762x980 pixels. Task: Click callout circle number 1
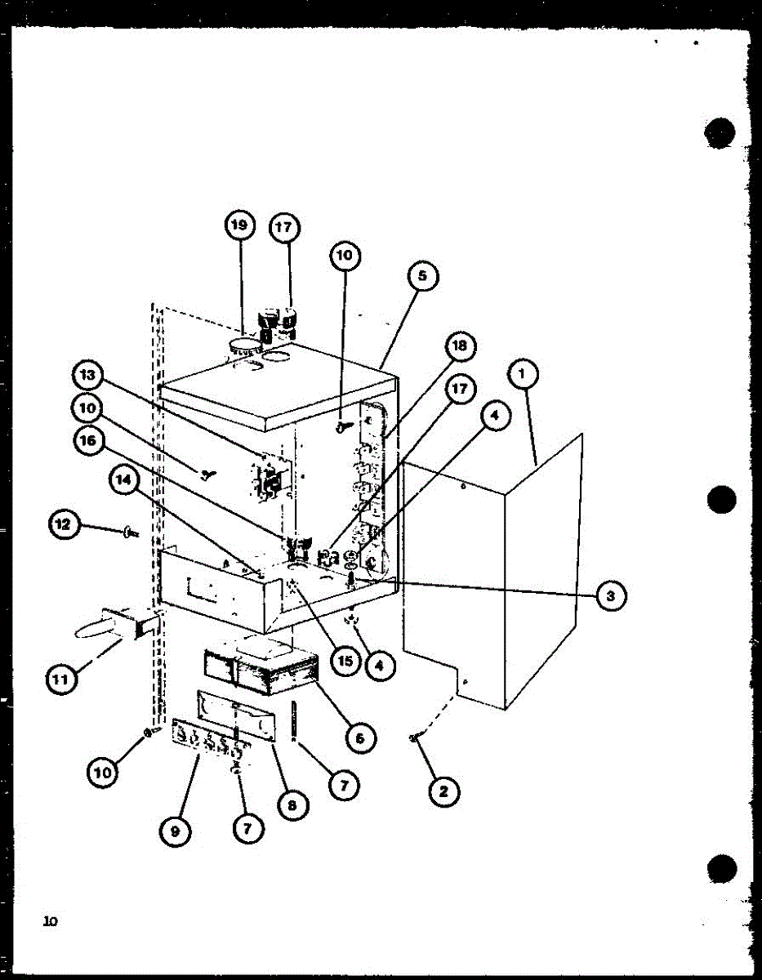tap(522, 376)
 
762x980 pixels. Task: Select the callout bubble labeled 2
tap(443, 791)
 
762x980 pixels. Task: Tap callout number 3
tap(610, 596)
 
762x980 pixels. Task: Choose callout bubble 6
tap(359, 738)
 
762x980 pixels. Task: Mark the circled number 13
tap(87, 376)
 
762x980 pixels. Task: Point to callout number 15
tap(345, 660)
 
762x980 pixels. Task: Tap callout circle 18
tap(460, 346)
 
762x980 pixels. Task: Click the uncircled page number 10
tap(51, 922)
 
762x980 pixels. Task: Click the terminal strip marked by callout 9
tap(209, 739)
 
